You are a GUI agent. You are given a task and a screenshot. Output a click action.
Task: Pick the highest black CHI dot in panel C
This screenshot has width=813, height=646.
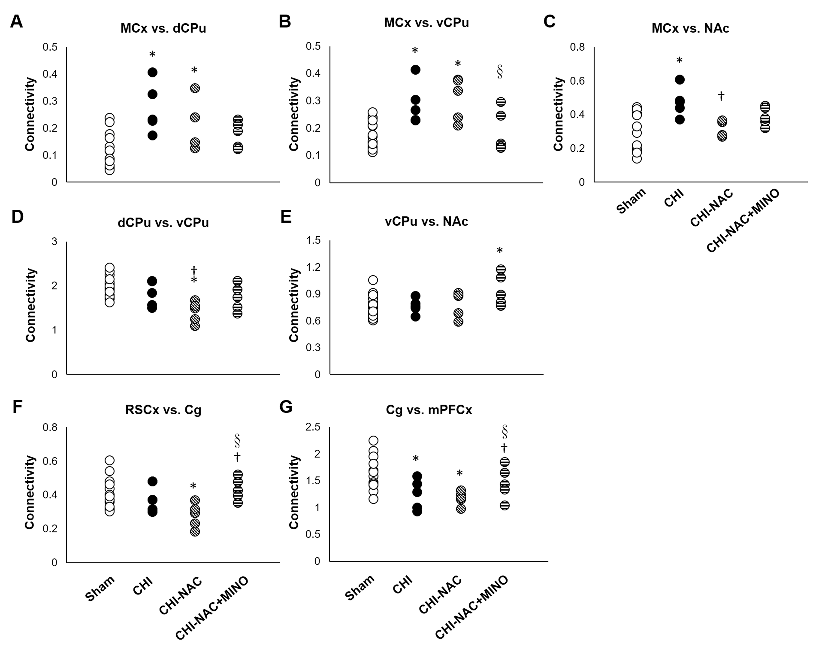tap(680, 80)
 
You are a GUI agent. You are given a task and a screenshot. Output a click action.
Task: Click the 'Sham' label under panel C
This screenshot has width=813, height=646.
tap(631, 201)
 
